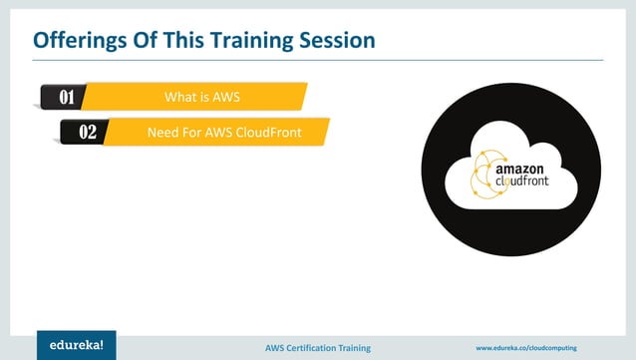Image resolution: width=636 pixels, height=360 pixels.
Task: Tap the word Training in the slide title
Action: (264, 41)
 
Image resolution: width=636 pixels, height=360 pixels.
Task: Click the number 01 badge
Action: (67, 97)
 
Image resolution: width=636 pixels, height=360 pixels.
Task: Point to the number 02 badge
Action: (87, 132)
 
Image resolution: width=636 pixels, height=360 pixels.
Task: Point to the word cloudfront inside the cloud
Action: (524, 184)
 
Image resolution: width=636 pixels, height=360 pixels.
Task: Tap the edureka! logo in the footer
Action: (76, 344)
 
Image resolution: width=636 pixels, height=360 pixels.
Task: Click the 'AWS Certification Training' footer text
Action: (318, 347)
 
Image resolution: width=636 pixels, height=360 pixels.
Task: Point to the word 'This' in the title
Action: (199, 41)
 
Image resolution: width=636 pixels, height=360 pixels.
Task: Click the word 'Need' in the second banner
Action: (161, 132)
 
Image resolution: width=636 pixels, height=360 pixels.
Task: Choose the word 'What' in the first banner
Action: (179, 97)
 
